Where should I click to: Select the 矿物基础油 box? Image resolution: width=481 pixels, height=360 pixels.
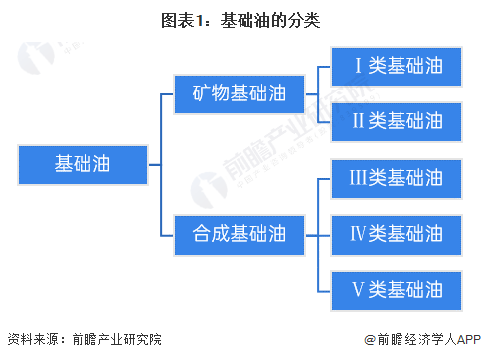coord(239,94)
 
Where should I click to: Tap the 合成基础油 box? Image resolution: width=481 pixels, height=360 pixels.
coord(239,234)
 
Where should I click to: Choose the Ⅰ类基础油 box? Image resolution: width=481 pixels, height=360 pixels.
coord(398,67)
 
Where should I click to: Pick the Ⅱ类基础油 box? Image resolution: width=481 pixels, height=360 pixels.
coord(398,122)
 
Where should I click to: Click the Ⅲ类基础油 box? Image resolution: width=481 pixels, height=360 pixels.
coord(398,178)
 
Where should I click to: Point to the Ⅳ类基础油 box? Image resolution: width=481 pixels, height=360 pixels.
coord(398,234)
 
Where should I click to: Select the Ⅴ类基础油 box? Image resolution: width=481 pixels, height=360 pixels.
coord(398,289)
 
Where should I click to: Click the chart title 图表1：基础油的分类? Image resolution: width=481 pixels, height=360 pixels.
coord(240,19)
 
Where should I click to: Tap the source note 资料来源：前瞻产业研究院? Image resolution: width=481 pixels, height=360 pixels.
coord(83,339)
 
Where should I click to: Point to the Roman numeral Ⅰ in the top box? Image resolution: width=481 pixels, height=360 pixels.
coord(360,67)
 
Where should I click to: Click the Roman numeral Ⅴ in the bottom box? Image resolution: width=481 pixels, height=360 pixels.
coord(360,289)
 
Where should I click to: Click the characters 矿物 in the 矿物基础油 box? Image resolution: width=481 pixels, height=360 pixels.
coord(210,94)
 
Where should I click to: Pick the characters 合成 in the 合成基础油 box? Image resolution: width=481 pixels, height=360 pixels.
coord(210,234)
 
